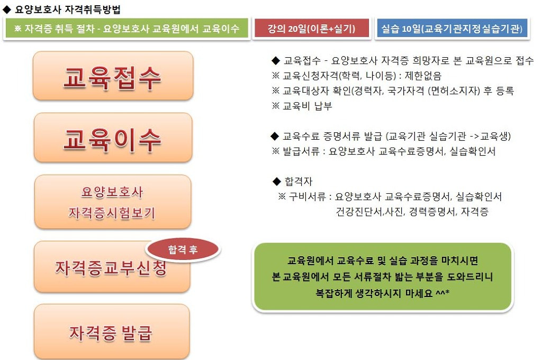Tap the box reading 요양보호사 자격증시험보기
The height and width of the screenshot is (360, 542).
pos(112,202)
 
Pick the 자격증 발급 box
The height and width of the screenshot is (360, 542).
pos(112,332)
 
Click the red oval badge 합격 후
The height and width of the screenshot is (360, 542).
pos(183,250)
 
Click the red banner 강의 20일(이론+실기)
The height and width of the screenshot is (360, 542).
pos(311,29)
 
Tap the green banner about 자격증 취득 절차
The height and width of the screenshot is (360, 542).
pos(127,29)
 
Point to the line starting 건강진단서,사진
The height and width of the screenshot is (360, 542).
pos(412,212)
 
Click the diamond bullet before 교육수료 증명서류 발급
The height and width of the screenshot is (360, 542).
pos(274,136)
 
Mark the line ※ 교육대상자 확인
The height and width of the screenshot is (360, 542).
pos(392,91)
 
